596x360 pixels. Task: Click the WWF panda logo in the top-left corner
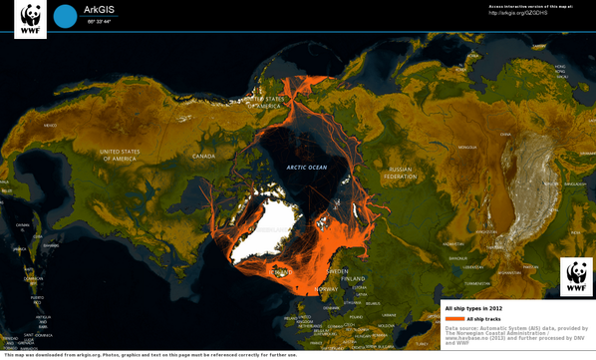30,19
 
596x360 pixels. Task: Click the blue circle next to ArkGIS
65,16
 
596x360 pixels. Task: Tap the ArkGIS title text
98,9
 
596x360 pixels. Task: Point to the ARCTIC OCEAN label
306,167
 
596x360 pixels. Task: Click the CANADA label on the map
203,156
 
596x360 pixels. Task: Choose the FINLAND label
350,278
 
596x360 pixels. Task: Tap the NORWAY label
326,288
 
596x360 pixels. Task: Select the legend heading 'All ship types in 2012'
473,308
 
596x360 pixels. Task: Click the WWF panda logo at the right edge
576,276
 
